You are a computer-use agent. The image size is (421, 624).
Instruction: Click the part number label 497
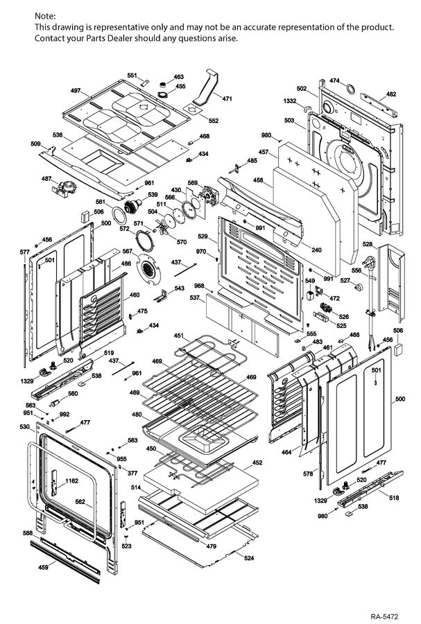(x=76, y=91)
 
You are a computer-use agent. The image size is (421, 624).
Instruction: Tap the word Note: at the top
(x=46, y=15)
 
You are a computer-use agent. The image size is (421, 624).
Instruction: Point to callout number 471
(x=227, y=98)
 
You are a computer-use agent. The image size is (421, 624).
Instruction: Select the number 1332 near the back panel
(x=289, y=101)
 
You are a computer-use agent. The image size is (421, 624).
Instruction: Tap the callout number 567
(x=128, y=251)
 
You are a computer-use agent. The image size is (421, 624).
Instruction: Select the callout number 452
(x=257, y=462)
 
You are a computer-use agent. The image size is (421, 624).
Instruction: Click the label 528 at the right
(x=368, y=245)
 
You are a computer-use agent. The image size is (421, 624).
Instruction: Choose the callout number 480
(x=137, y=415)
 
